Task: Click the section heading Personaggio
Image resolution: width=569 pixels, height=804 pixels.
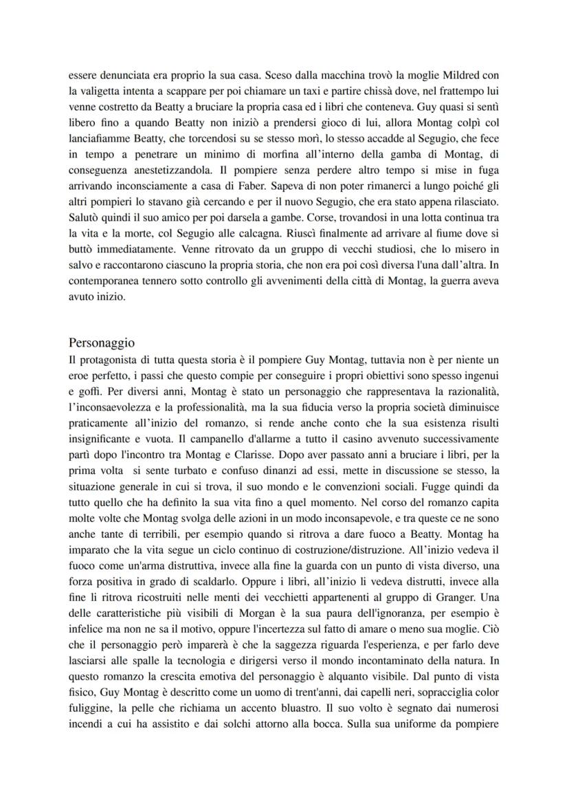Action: pyautogui.click(x=102, y=343)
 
